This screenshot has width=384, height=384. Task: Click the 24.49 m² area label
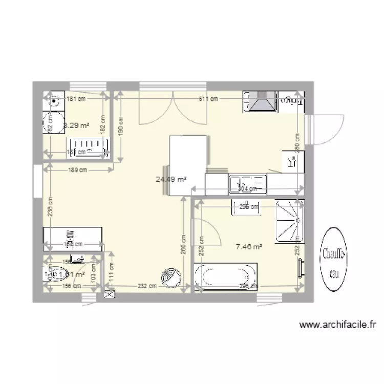click(x=171, y=179)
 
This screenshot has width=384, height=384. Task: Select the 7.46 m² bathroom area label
click(x=249, y=247)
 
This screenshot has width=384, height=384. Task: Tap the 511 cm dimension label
click(x=205, y=99)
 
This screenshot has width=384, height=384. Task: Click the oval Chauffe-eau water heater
click(x=334, y=260)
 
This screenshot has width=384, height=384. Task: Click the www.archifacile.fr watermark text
click(x=338, y=324)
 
